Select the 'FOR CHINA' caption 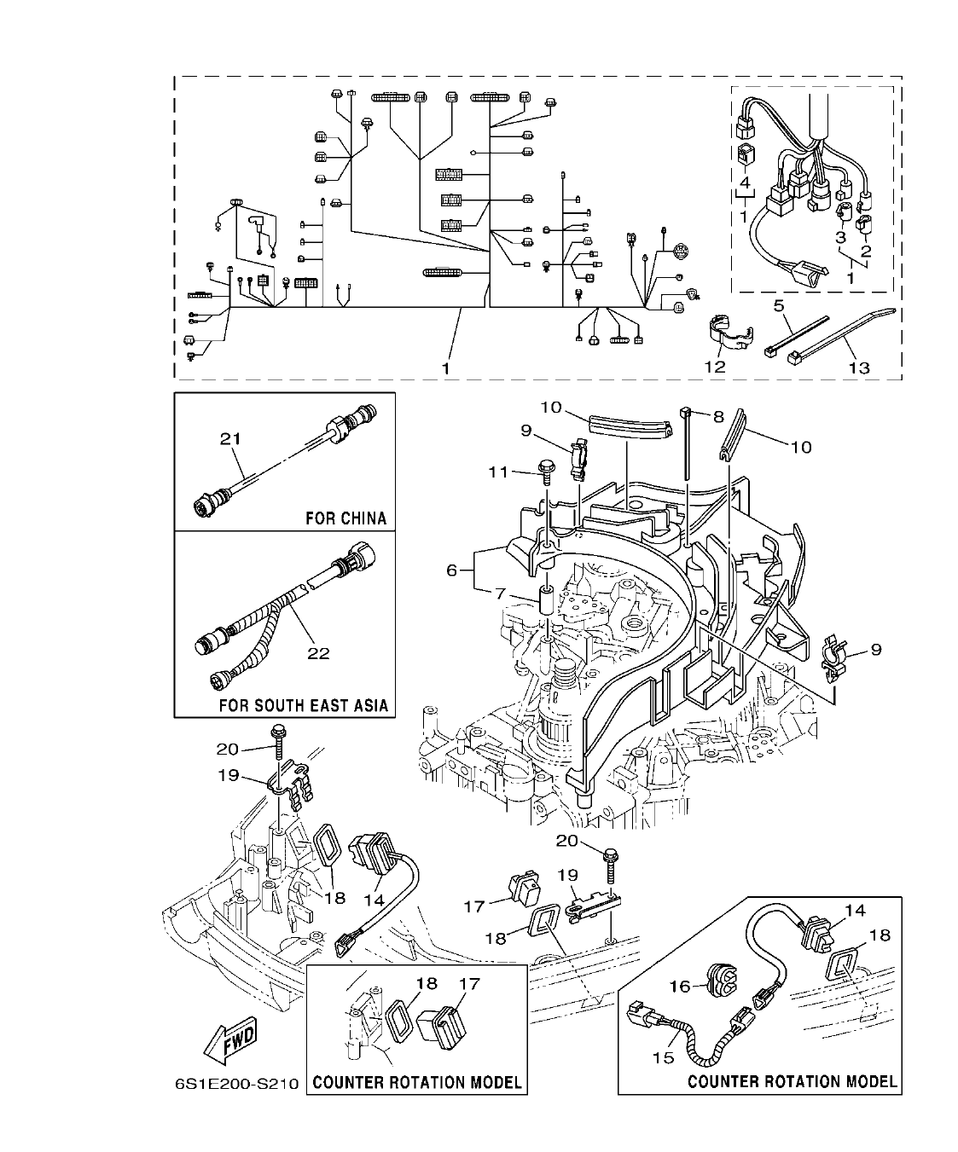point(345,518)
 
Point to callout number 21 point(230,439)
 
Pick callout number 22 point(319,653)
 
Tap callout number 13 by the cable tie point(858,368)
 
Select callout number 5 point(778,304)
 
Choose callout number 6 point(452,570)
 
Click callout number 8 point(717,418)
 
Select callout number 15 point(663,1057)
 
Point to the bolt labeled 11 point(546,468)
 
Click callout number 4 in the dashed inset point(744,182)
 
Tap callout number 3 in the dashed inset point(839,236)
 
